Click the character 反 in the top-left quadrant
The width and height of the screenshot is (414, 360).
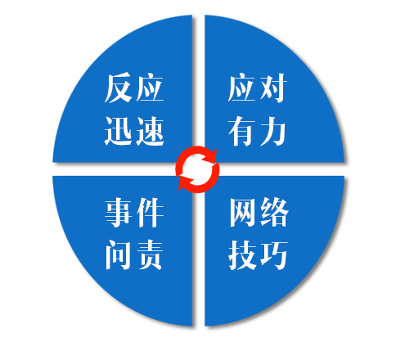point(119,88)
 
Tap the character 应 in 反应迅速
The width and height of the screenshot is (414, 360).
point(150,88)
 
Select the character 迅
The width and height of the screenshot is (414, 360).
point(119,131)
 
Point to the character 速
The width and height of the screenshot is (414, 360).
point(150,131)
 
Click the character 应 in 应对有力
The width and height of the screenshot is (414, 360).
point(241,88)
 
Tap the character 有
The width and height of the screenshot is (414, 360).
point(241,131)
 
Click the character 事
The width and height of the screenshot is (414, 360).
point(119,213)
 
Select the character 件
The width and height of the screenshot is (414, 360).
point(150,213)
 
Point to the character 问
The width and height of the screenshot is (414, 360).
point(119,255)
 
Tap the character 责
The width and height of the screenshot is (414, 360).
point(150,255)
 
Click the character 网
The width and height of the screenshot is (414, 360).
point(242,213)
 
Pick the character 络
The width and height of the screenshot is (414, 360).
point(274,213)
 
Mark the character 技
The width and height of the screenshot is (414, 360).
point(242,255)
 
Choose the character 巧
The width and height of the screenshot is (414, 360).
point(274,255)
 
